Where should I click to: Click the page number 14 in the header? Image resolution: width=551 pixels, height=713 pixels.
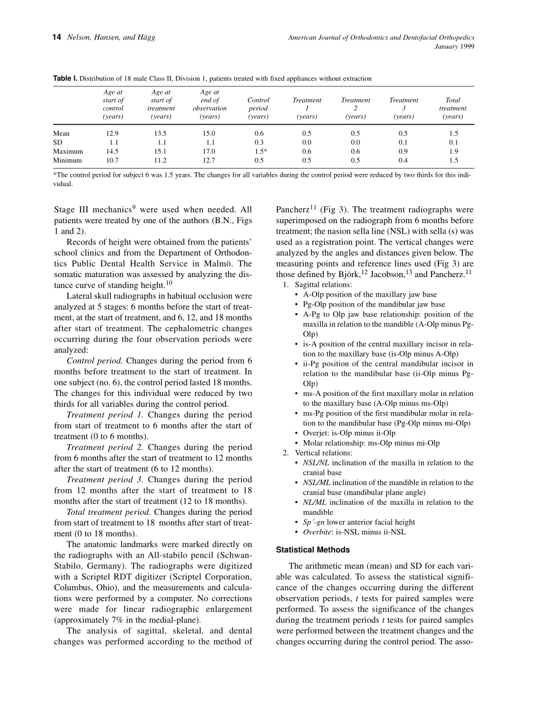pyautogui.click(x=57, y=38)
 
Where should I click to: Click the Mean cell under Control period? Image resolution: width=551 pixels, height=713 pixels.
pyautogui.click(x=258, y=133)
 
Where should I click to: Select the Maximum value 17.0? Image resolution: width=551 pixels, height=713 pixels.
pyautogui.click(x=209, y=151)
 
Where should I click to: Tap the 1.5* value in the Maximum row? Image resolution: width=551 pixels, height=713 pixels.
pyautogui.click(x=259, y=151)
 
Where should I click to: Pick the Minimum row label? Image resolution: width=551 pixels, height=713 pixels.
pyautogui.click(x=67, y=161)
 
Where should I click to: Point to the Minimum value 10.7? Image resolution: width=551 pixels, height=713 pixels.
pyautogui.click(x=113, y=161)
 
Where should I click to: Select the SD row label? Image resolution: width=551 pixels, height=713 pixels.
pyautogui.click(x=57, y=142)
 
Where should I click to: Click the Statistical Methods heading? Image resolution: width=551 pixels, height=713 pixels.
pyautogui.click(x=313, y=550)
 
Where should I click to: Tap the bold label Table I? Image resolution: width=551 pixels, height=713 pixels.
pyautogui.click(x=65, y=78)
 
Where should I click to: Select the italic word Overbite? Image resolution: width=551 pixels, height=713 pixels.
pyautogui.click(x=317, y=532)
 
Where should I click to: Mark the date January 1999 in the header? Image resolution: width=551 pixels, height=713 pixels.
pyautogui.click(x=454, y=47)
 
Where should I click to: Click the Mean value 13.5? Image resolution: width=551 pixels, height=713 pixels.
pyautogui.click(x=161, y=133)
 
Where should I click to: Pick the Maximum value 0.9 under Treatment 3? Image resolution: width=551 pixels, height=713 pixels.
pyautogui.click(x=403, y=151)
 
